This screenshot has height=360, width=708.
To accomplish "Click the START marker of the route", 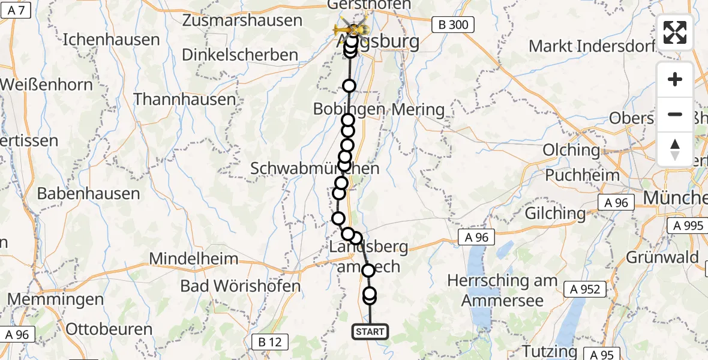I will [x=370, y=331].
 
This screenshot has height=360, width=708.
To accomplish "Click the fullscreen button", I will [x=675, y=32].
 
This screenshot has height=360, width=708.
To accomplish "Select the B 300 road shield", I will [x=453, y=25].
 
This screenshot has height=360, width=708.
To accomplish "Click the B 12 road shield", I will [x=269, y=343].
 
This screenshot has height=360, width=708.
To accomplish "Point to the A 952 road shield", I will [x=582, y=289].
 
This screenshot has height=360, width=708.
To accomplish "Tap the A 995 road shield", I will [x=688, y=226].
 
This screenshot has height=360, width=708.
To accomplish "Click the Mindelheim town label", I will [x=194, y=259].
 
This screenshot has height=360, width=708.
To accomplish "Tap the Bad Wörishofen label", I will [x=240, y=286].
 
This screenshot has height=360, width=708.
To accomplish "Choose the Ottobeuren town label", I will [x=109, y=329].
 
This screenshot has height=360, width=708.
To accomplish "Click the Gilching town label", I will [x=555, y=213].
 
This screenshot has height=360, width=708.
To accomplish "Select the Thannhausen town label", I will [x=185, y=99].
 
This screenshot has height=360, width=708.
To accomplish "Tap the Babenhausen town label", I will [x=88, y=193].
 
